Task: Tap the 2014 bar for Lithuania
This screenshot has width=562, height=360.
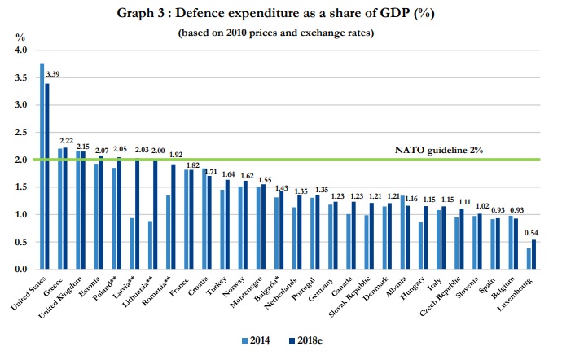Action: pos(151,244)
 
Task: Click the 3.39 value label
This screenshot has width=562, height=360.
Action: pos(53,75)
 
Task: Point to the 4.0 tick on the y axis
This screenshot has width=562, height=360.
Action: pos(21,50)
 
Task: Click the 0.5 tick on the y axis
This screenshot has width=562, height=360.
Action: pos(21,242)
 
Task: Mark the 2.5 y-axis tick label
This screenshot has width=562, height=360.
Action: pos(21,133)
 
